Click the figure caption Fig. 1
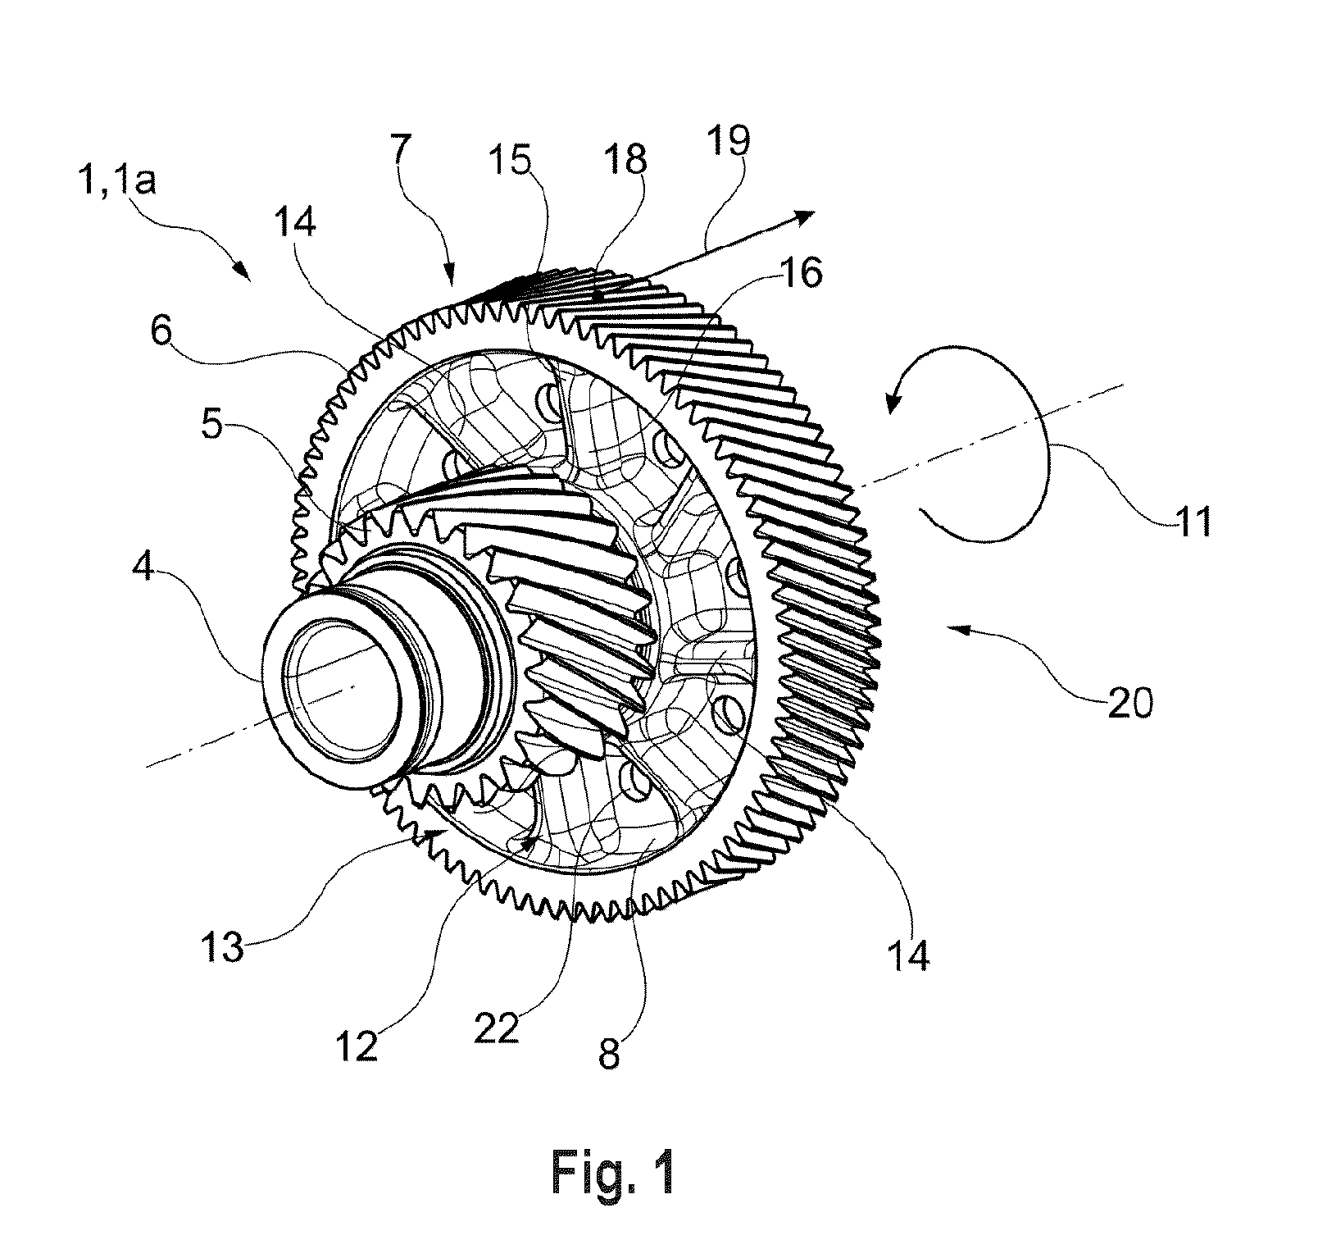pyautogui.click(x=614, y=1174)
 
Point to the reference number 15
pyautogui.click(x=511, y=159)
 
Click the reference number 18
pyautogui.click(x=625, y=159)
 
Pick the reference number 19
pyautogui.click(x=725, y=140)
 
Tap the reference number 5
pyautogui.click(x=212, y=426)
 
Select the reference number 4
pyautogui.click(x=143, y=565)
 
